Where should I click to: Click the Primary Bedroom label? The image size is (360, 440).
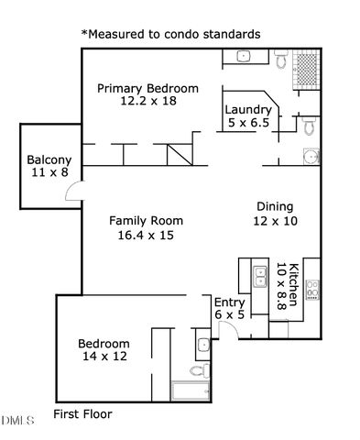click(147, 88)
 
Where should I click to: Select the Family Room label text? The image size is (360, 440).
click(146, 220)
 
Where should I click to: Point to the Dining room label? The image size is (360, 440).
click(275, 206)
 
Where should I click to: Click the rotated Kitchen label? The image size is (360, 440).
click(294, 284)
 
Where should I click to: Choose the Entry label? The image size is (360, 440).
click(229, 302)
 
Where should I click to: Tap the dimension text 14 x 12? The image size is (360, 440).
click(104, 357)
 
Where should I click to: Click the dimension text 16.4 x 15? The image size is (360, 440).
click(146, 235)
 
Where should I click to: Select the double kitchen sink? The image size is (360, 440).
click(259, 272)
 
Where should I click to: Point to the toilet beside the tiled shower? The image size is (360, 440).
click(281, 60)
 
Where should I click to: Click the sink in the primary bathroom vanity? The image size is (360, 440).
click(245, 57)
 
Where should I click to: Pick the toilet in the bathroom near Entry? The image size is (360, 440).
click(195, 370)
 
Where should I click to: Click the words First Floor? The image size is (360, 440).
click(82, 413)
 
